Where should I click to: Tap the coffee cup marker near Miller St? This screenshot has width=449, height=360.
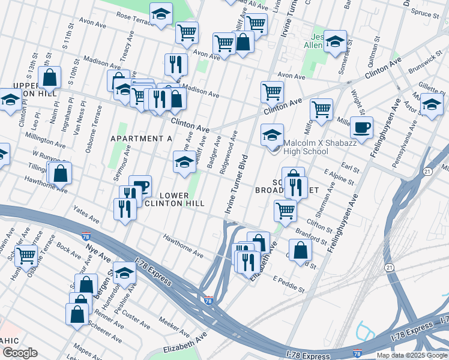point(362,127)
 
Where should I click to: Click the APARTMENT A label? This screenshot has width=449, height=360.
point(142,139)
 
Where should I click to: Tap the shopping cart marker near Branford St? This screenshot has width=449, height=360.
point(285,210)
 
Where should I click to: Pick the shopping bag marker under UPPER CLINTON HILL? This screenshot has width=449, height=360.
point(49,77)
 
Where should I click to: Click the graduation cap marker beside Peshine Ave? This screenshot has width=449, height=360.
point(124,273)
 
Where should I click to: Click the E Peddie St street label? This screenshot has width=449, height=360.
point(289,284)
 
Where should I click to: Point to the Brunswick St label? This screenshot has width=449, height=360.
point(427,60)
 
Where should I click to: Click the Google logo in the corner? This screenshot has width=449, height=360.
point(20,353)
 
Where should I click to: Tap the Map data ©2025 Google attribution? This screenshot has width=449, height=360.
point(412,355)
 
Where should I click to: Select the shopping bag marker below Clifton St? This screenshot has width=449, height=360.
point(300,249)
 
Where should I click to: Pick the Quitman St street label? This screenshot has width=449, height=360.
point(377,47)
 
